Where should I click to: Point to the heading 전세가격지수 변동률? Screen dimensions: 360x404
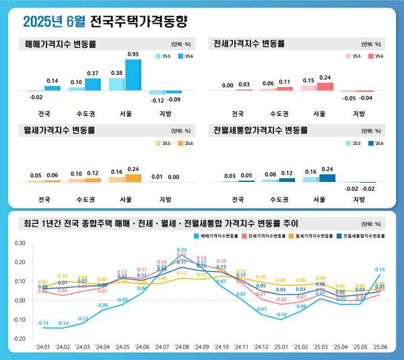click(x=248, y=44)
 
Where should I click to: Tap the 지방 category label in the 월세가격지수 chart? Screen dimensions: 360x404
click(x=165, y=200)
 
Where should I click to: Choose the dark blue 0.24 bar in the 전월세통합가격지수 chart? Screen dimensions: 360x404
click(x=327, y=178)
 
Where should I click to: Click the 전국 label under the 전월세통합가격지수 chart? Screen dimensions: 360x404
click(x=238, y=200)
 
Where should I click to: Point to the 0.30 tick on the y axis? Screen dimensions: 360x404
click(x=20, y=243)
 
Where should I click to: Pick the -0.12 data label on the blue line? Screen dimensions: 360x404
click(x=82, y=318)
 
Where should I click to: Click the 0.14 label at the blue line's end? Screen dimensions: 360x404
click(x=380, y=270)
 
